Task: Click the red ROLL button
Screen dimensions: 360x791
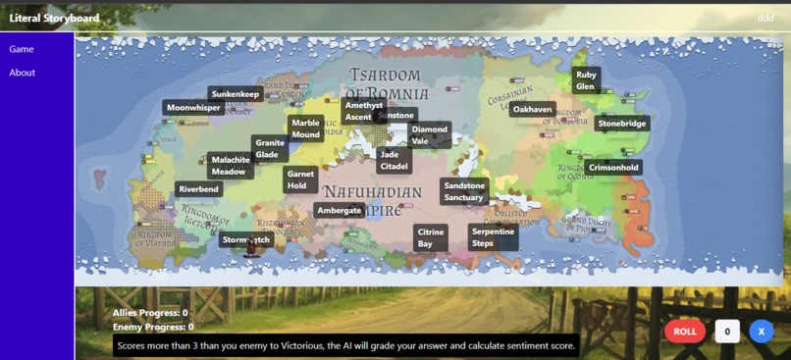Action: click(684, 332)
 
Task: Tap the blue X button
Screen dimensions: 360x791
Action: click(761, 332)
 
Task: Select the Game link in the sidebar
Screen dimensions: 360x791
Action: click(22, 49)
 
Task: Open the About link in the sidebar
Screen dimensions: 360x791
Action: click(23, 73)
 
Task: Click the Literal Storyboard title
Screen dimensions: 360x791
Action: click(54, 18)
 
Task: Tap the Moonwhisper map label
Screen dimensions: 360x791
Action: click(193, 108)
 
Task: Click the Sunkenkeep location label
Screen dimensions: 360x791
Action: click(236, 94)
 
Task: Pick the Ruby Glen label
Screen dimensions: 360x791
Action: click(586, 80)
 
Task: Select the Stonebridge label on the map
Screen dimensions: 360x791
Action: click(622, 124)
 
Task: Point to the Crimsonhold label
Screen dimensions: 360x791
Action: click(613, 168)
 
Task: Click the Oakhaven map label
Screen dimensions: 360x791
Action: click(533, 110)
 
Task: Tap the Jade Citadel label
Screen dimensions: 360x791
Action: click(394, 161)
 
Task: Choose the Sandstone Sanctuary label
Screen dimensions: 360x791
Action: click(464, 191)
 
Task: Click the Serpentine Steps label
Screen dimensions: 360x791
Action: click(492, 237)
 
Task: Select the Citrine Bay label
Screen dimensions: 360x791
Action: click(430, 238)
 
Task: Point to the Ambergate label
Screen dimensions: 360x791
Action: click(340, 210)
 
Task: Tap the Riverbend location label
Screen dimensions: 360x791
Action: click(199, 189)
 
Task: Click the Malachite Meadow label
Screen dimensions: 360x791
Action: click(231, 166)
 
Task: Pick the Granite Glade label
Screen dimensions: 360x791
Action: click(269, 148)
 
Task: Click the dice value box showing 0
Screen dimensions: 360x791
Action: click(726, 332)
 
